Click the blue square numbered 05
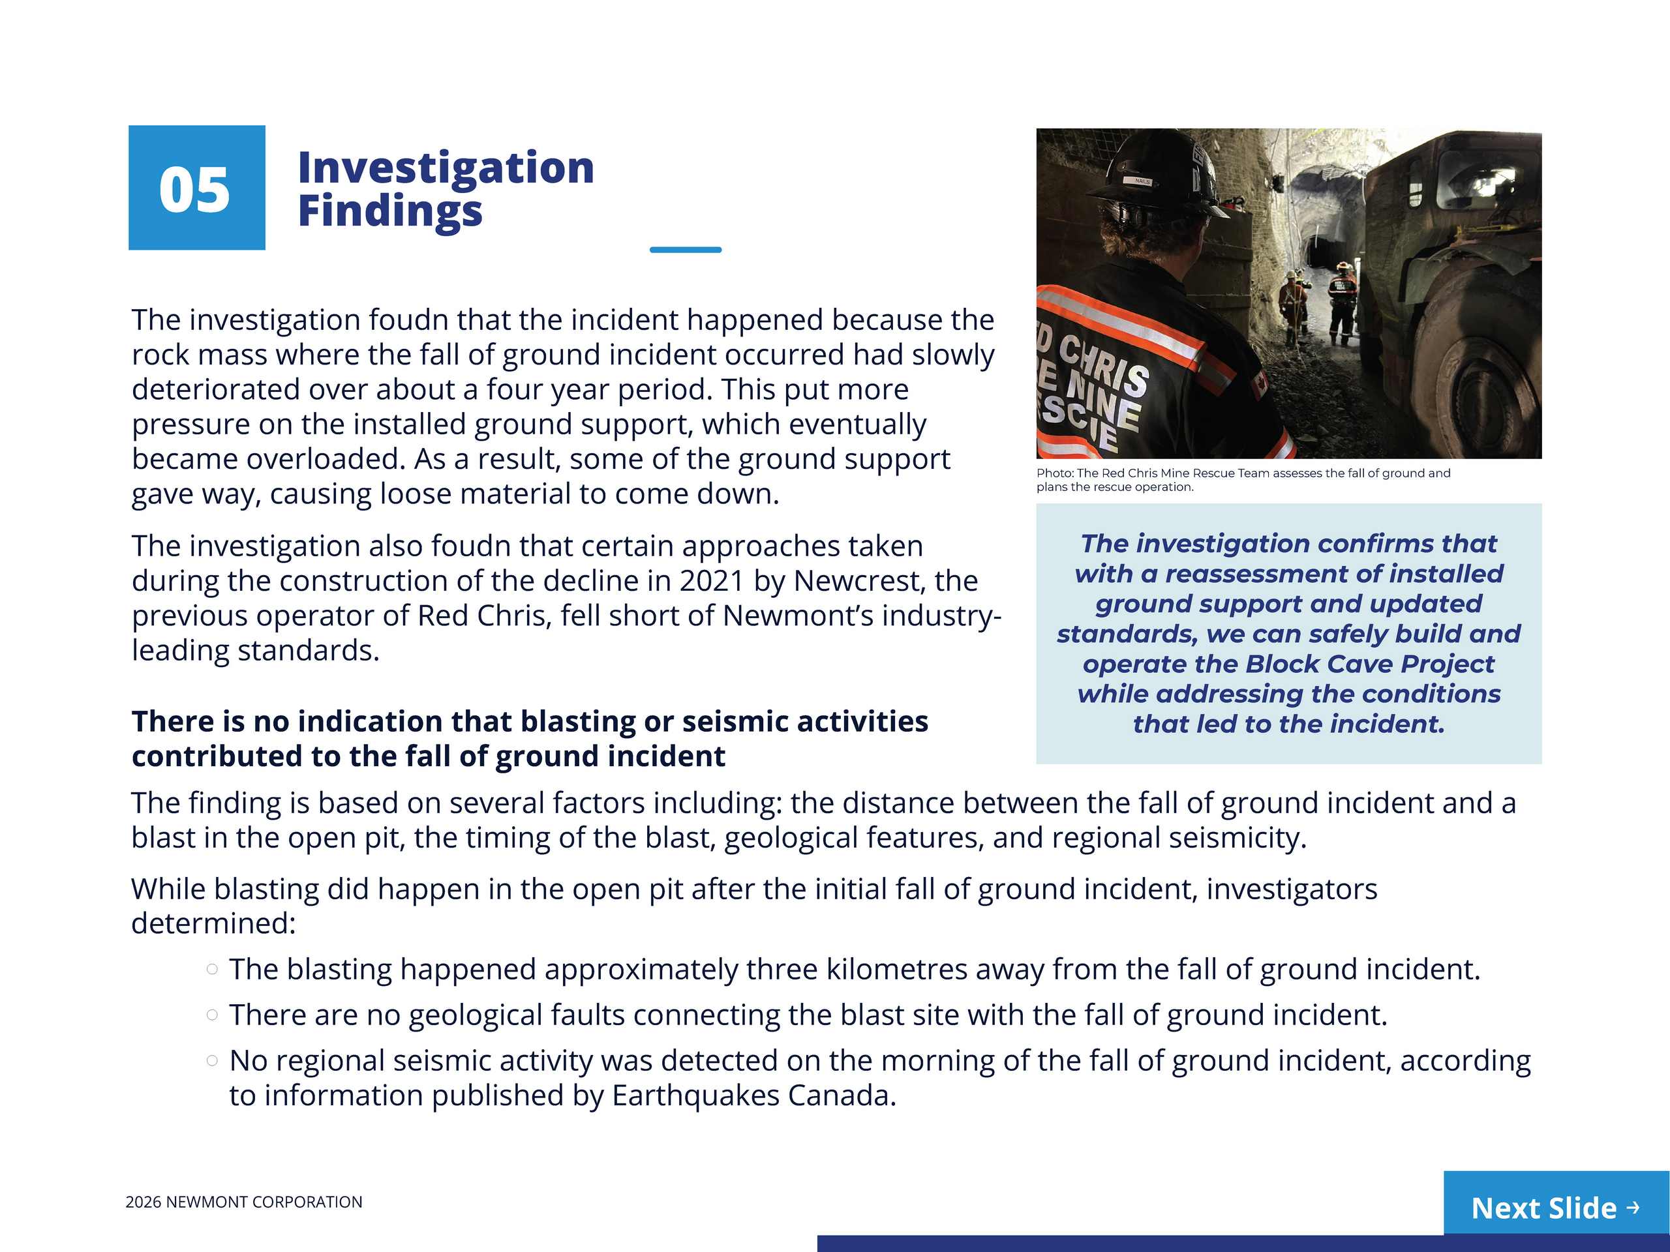[196, 188]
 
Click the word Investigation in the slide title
[446, 167]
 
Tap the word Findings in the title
[389, 211]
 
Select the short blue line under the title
[685, 249]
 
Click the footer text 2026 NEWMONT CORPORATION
[243, 1201]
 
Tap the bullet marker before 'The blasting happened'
[212, 969]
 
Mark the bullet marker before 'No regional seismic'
[212, 1060]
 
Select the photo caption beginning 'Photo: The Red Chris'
[1242, 479]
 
